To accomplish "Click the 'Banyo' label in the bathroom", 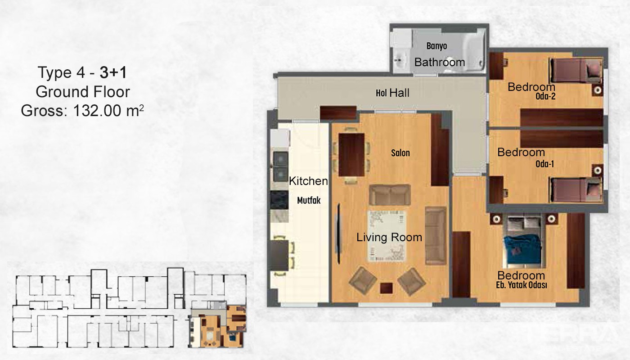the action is pyautogui.click(x=436, y=46).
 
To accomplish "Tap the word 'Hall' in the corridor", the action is pyautogui.click(x=400, y=93).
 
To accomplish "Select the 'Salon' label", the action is pyautogui.click(x=400, y=153).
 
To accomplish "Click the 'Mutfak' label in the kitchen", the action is pyautogui.click(x=309, y=200).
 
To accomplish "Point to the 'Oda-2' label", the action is pyautogui.click(x=545, y=96).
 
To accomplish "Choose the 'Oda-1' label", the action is pyautogui.click(x=545, y=164).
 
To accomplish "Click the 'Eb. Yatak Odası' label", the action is pyautogui.click(x=522, y=285).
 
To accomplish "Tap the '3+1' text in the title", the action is pyautogui.click(x=113, y=72).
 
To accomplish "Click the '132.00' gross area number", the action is pyautogui.click(x=97, y=111).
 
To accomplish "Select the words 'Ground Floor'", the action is pyautogui.click(x=83, y=92).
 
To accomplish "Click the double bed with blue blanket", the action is pyautogui.click(x=523, y=242).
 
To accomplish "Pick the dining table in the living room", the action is pyautogui.click(x=351, y=155).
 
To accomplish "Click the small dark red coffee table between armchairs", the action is pyautogui.click(x=386, y=288).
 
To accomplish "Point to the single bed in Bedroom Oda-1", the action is pyautogui.click(x=576, y=190).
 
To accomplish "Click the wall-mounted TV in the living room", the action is pyautogui.click(x=339, y=234).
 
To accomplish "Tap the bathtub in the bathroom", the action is pyautogui.click(x=473, y=50).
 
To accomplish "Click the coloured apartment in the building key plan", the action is pyautogui.click(x=217, y=326).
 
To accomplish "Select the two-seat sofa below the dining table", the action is pyautogui.click(x=390, y=194).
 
